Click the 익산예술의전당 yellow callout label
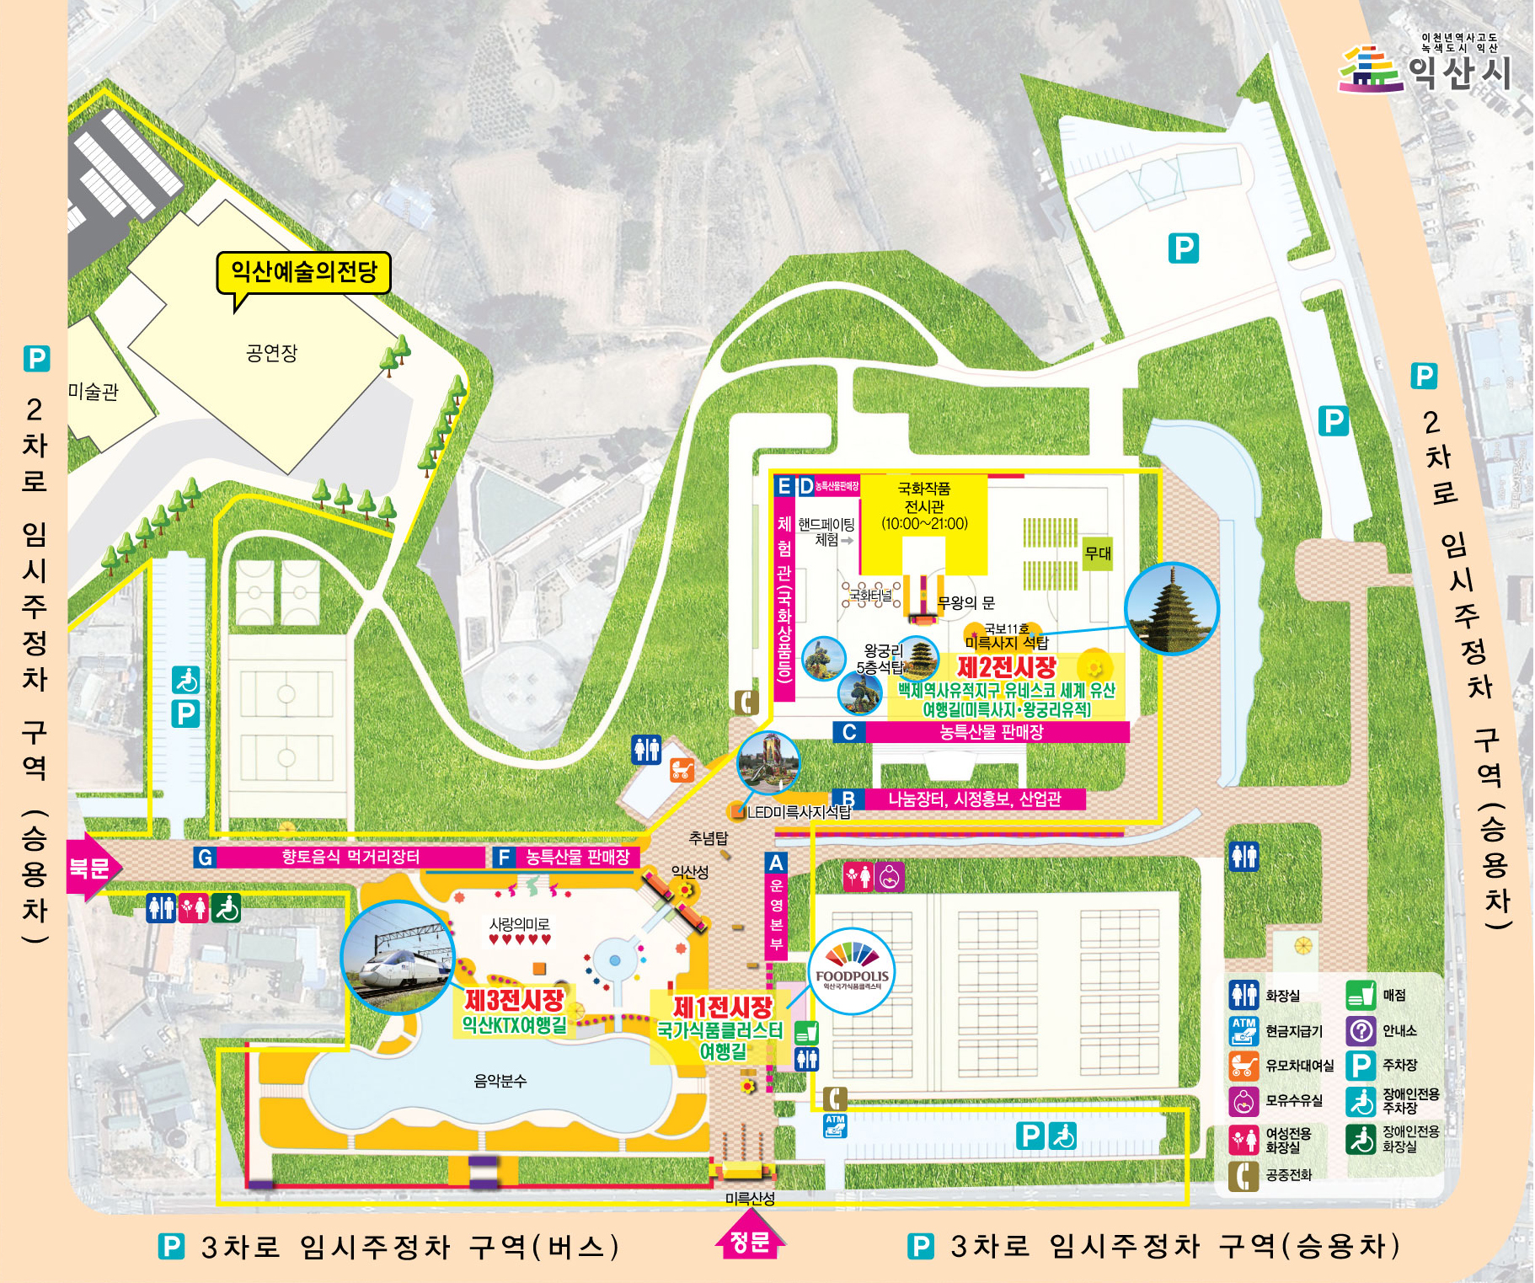303,272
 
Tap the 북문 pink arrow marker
91,868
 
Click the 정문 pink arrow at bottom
749,1242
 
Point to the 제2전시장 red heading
1006,668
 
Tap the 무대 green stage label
1097,553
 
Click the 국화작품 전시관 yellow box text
924,505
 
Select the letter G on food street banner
205,858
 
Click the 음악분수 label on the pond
500,1081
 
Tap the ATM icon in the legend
1244,1030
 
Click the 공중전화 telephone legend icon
1244,1175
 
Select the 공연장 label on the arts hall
271,353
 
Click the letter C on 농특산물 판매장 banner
849,732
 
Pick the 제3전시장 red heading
514,1001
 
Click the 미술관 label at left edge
93,392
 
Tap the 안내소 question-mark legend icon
1361,1030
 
